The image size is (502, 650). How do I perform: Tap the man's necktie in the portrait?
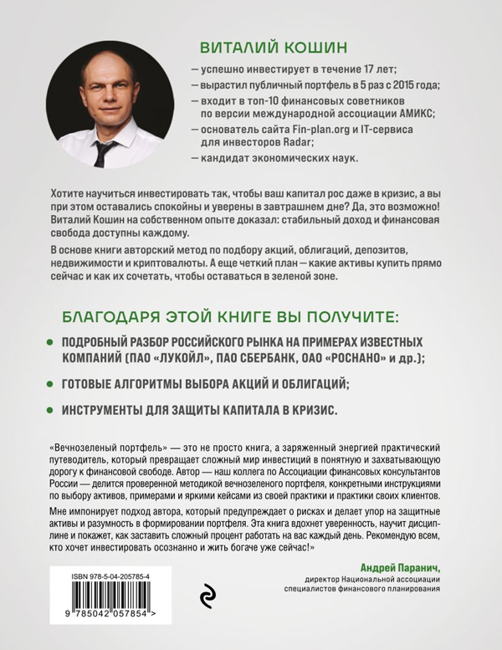tap(104, 151)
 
